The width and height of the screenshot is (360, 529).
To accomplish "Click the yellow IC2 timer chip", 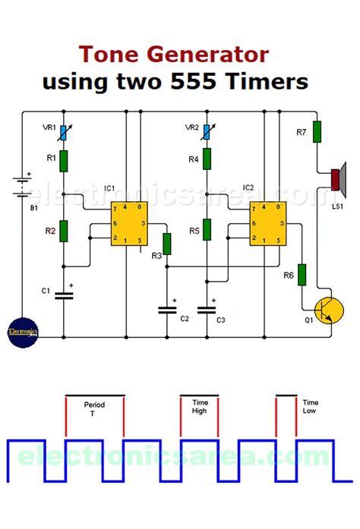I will (x=266, y=222).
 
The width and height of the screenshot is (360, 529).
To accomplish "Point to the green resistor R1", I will (x=64, y=161).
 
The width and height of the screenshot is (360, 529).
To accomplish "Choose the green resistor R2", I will (x=64, y=230).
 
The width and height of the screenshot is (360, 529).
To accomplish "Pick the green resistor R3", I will (x=166, y=244).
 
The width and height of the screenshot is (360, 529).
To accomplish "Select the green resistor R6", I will (x=302, y=274).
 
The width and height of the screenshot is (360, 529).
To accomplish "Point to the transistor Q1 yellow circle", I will (x=328, y=311).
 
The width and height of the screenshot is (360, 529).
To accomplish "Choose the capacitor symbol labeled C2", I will (x=166, y=310).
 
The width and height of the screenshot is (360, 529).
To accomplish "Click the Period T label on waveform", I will (x=94, y=410).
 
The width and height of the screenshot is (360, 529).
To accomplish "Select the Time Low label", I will (x=311, y=408).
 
